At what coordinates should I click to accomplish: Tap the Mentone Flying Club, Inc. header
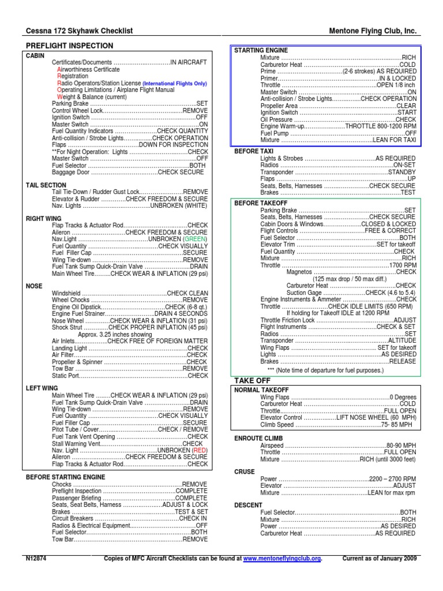coord(373,31)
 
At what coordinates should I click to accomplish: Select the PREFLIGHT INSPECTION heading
coord(69,46)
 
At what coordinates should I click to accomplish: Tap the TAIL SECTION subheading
coord(46,185)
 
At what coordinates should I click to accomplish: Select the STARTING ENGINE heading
coord(261,51)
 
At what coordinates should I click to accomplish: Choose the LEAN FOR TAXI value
coord(393,140)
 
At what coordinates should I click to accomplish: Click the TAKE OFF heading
coord(251,380)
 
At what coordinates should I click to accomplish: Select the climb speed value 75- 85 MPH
coord(397,425)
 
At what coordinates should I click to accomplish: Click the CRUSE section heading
coord(244,472)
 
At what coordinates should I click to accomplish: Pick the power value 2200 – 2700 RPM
coord(392,479)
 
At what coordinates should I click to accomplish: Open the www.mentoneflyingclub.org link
coord(281,559)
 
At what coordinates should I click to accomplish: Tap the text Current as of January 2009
coord(379,559)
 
